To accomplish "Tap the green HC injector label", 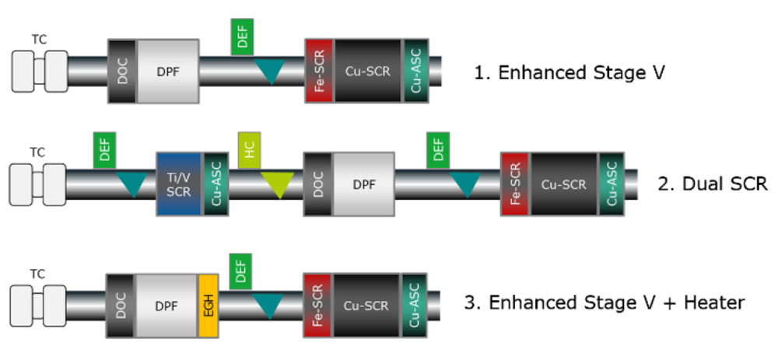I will [250, 148].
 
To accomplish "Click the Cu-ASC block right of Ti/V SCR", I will [216, 184].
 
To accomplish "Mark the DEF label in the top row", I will [242, 37].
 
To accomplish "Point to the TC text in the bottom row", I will [37, 274].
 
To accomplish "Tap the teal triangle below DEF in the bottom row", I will [269, 307].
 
